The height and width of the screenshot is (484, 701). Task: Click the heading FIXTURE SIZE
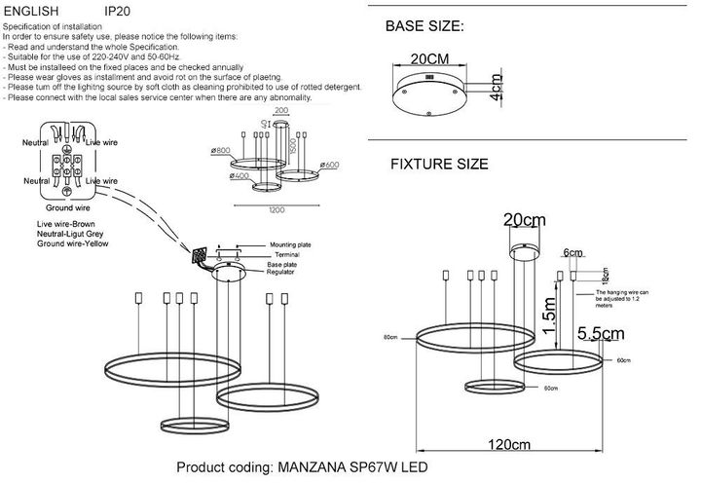pyautogui.click(x=439, y=165)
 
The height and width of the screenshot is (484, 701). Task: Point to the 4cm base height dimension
pyautogui.click(x=496, y=90)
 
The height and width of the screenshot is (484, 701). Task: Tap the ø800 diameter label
pyautogui.click(x=220, y=151)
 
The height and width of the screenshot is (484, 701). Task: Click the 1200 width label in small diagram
pyautogui.click(x=277, y=208)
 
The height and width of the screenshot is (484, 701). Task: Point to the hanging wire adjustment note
pyautogui.click(x=636, y=297)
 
